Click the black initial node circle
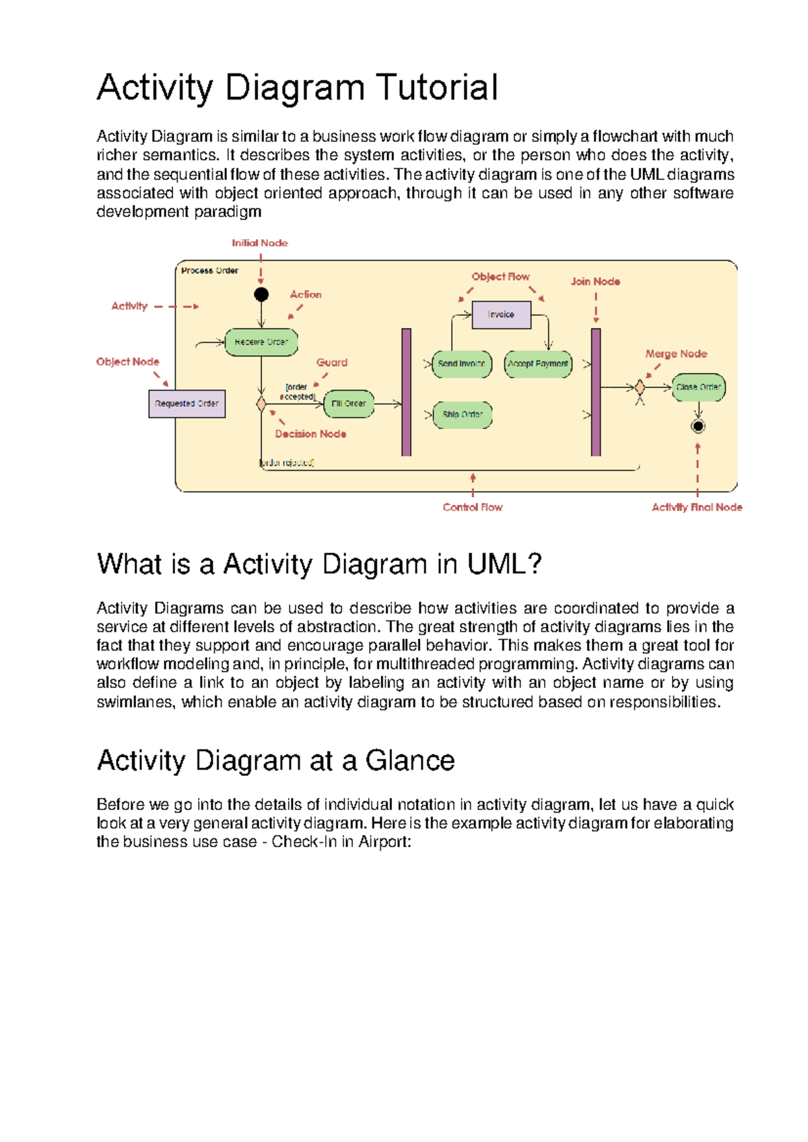(261, 294)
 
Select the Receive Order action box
(261, 342)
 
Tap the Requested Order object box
(187, 404)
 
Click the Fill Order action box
(349, 404)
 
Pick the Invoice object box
(501, 314)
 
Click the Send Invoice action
(461, 364)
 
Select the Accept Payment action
(538, 364)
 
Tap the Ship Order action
(462, 415)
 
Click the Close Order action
(698, 387)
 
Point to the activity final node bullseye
(698, 426)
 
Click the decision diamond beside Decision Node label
(261, 404)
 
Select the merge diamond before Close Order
(640, 387)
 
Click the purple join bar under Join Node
(596, 392)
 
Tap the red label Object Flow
(500, 277)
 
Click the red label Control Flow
(473, 508)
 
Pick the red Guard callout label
(332, 362)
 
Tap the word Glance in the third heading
(410, 761)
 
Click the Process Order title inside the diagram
(209, 271)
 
